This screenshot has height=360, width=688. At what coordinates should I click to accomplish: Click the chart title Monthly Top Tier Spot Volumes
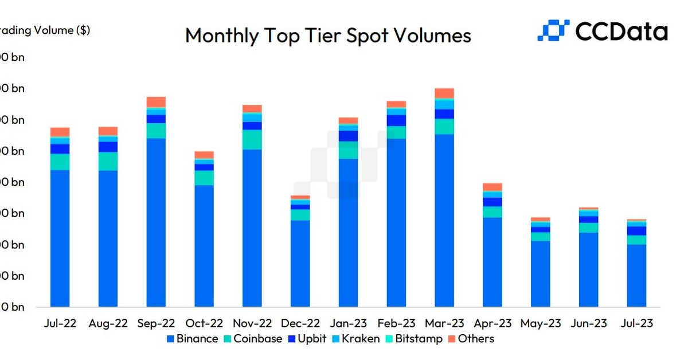(328, 36)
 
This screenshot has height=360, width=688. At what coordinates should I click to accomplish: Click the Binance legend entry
(192, 339)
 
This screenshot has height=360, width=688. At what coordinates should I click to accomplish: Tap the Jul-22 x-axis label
(60, 323)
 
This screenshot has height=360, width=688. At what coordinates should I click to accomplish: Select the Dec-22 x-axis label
(300, 323)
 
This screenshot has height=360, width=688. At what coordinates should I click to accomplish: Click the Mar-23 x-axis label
(444, 323)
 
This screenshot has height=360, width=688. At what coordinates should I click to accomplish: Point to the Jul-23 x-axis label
(636, 323)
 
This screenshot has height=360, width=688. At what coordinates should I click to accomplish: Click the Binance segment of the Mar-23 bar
(444, 221)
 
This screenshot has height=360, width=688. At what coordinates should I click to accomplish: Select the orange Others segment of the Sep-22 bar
(156, 102)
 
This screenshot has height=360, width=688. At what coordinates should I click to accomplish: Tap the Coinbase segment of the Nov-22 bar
(252, 140)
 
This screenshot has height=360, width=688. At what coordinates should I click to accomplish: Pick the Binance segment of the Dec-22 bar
(300, 264)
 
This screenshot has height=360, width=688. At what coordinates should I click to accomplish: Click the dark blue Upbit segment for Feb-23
(396, 120)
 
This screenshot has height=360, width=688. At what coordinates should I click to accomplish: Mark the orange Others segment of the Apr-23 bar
(492, 187)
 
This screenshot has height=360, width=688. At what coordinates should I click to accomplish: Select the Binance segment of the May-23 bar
(541, 274)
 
